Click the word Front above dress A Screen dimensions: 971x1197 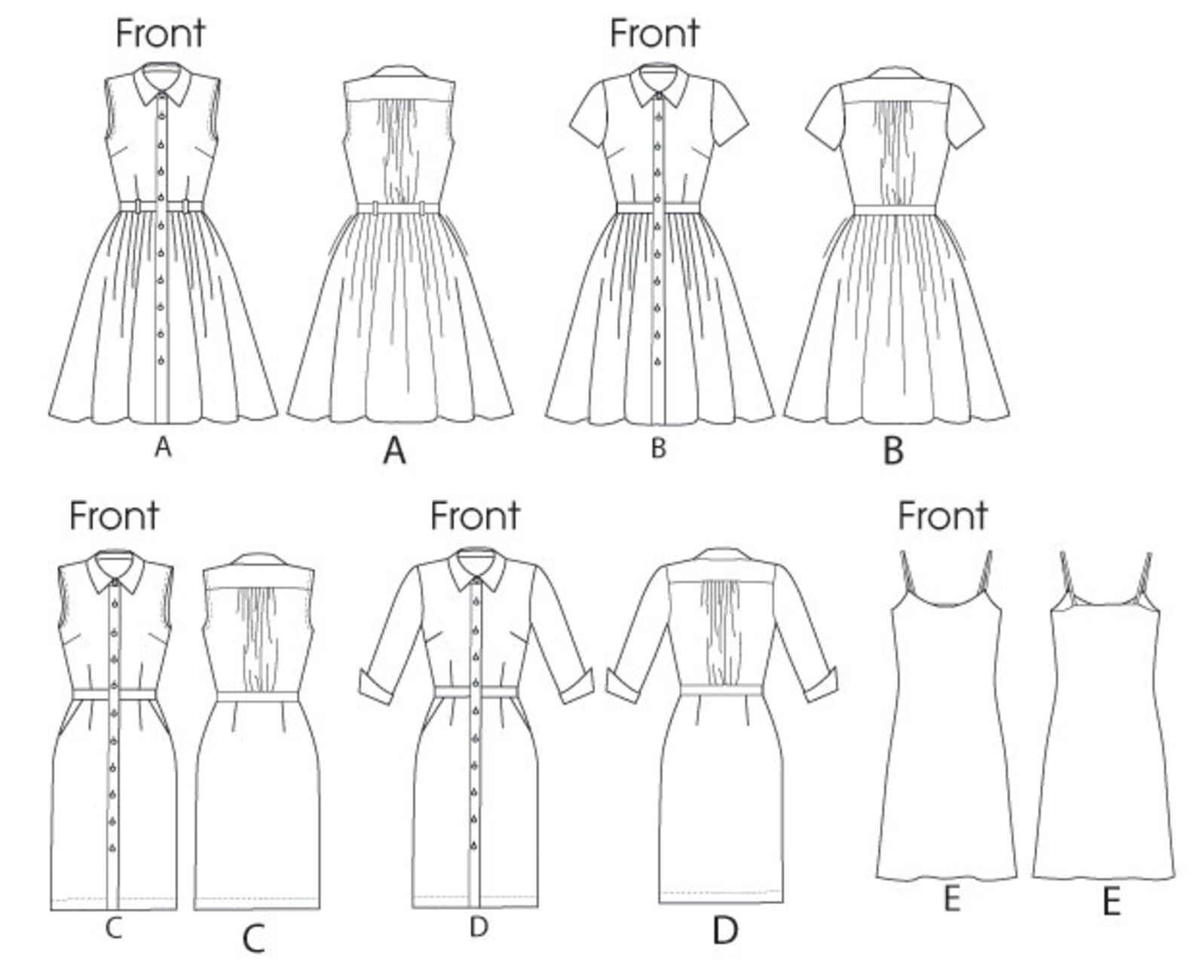coord(160,34)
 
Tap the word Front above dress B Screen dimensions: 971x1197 coord(654,34)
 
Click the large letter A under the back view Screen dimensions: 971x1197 coord(394,452)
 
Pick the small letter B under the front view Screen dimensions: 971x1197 coord(658,449)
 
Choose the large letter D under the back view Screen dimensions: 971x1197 coord(725,932)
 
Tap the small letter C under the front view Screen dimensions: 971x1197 coord(113,929)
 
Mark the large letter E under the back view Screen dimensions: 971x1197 coord(1111,902)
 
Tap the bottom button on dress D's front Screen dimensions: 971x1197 coord(476,844)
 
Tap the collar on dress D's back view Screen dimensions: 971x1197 coord(721,556)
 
